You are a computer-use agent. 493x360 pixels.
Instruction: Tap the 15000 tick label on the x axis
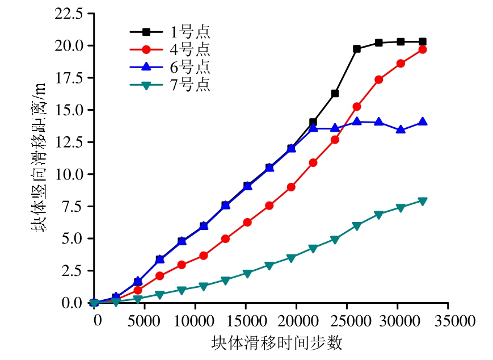245,321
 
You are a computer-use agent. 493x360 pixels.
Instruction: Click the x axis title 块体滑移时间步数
277,343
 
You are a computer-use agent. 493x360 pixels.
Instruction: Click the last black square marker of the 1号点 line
422,41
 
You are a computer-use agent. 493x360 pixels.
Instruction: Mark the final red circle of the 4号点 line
422,49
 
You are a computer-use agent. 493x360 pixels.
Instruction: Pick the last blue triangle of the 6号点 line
422,122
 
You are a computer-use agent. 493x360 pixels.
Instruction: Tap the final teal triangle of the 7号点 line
422,200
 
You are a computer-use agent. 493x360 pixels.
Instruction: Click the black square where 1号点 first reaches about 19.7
357,49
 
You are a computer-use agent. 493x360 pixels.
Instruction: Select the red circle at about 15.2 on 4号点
357,106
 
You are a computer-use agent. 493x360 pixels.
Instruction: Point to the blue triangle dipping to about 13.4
401,129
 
